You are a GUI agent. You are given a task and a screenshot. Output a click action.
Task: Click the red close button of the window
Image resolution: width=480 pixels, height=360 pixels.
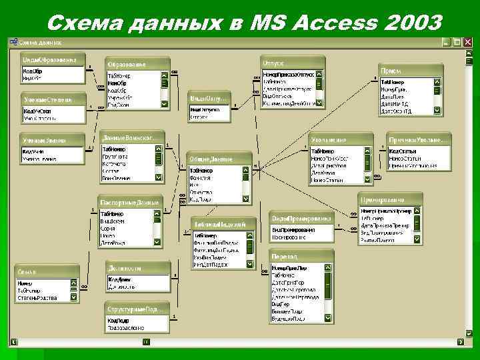(x=467, y=41)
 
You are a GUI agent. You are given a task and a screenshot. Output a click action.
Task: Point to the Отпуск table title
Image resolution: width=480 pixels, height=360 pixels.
(x=292, y=59)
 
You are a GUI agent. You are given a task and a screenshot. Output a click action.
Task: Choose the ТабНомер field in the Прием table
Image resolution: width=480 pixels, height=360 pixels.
(x=393, y=82)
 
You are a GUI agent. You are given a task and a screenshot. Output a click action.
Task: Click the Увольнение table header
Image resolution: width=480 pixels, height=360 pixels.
(x=341, y=140)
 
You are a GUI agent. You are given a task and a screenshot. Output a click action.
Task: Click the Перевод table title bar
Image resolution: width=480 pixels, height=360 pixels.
(x=301, y=257)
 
